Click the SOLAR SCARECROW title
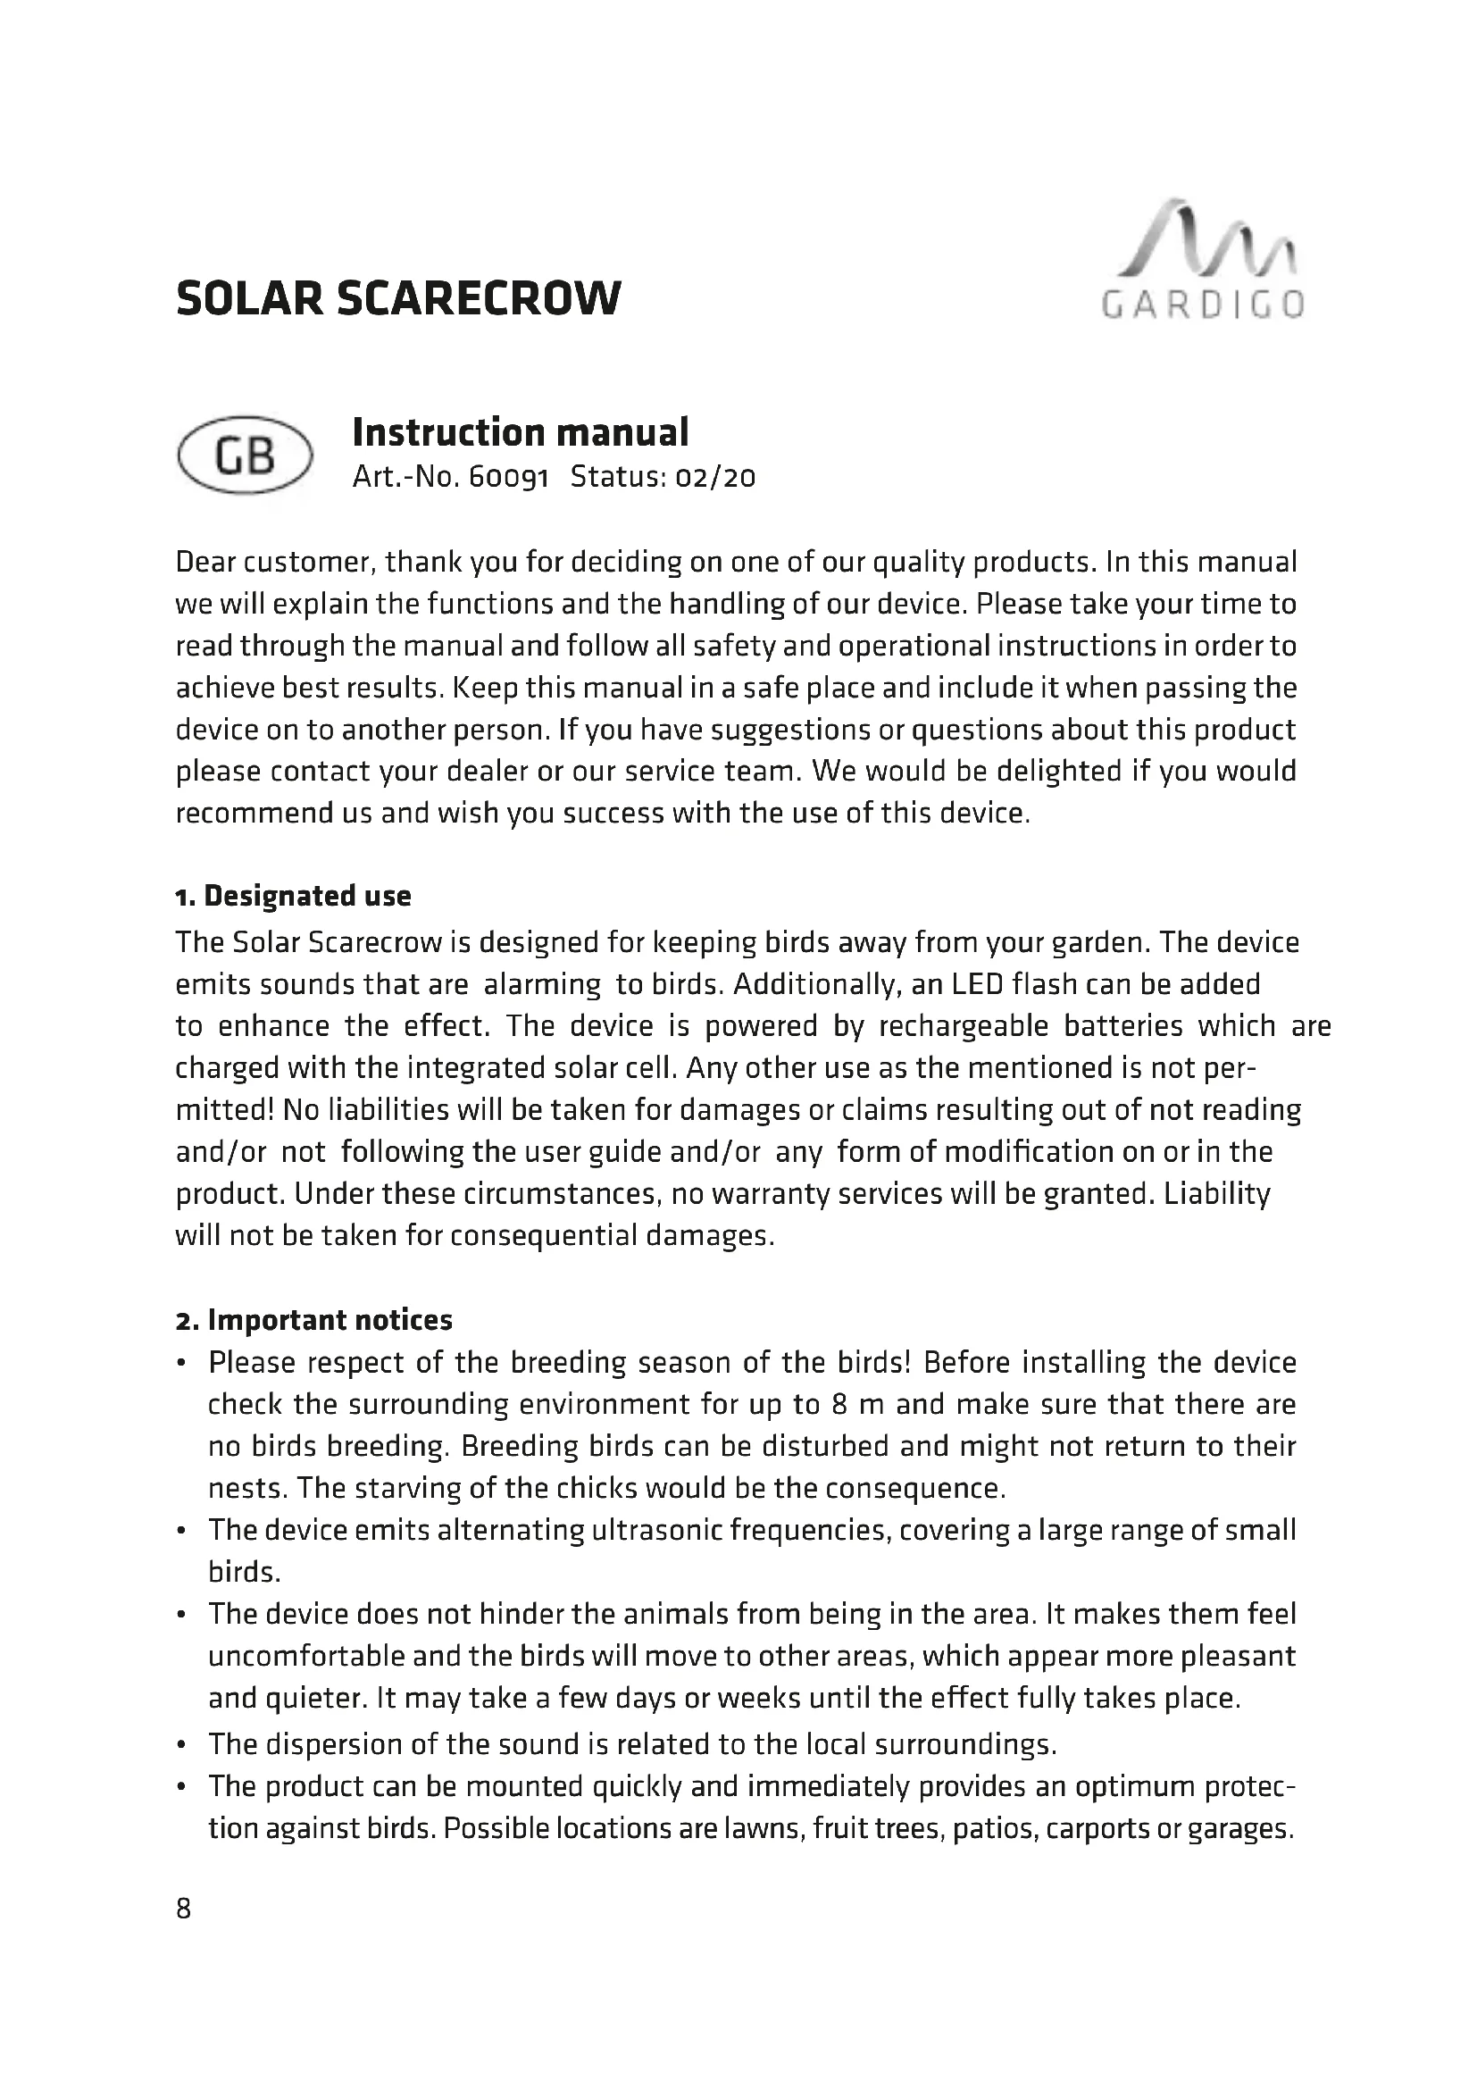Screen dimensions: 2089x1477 click(398, 298)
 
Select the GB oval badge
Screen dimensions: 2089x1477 click(245, 455)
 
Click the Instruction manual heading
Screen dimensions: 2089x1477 click(521, 432)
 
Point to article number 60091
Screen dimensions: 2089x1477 click(508, 478)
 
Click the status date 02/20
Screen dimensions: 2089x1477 click(715, 478)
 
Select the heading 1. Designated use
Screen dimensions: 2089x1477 click(293, 896)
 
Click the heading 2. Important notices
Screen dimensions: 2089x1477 click(313, 1320)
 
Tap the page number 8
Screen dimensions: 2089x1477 click(184, 1909)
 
